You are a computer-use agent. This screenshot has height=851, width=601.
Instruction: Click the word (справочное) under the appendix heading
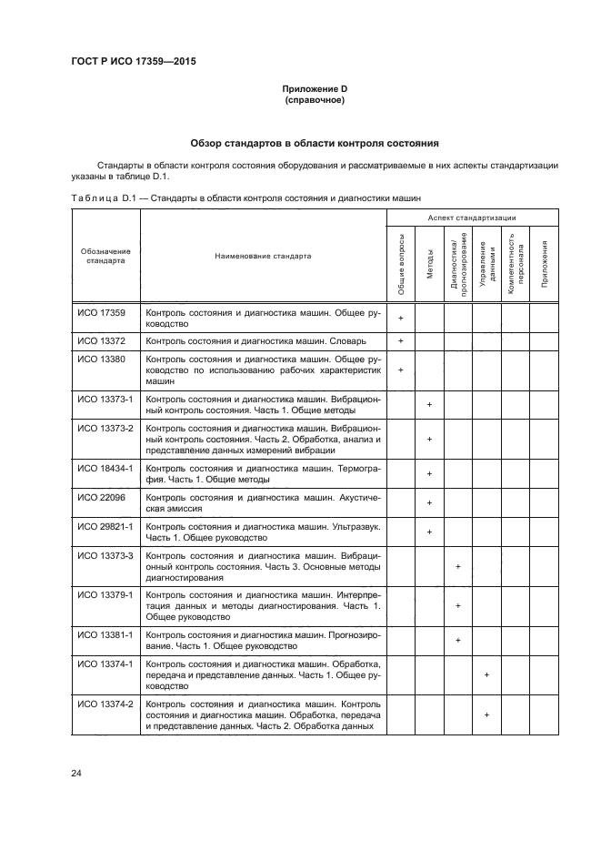pyautogui.click(x=314, y=100)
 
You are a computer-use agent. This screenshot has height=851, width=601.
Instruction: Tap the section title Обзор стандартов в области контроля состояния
pyautogui.click(x=314, y=143)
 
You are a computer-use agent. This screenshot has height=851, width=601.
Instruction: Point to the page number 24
pyautogui.click(x=75, y=774)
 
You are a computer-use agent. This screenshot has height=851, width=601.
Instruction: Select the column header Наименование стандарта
pyautogui.click(x=263, y=256)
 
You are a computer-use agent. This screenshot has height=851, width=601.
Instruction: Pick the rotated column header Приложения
pyautogui.click(x=544, y=264)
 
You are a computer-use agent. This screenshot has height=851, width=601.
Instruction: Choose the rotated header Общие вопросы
pyautogui.click(x=401, y=264)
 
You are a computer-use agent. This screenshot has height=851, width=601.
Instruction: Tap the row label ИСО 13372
pyautogui.click(x=101, y=340)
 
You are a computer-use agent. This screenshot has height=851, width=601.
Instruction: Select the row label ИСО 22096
pyautogui.click(x=101, y=498)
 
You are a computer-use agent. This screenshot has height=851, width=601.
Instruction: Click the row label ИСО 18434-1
pyautogui.click(x=104, y=468)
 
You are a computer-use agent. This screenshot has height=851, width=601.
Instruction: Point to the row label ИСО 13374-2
pyautogui.click(x=104, y=704)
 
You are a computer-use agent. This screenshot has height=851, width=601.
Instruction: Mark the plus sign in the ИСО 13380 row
pyautogui.click(x=401, y=370)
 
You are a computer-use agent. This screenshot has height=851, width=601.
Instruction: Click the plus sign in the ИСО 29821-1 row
pyautogui.click(x=429, y=532)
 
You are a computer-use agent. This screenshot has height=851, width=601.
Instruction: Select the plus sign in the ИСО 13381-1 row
pyautogui.click(x=457, y=640)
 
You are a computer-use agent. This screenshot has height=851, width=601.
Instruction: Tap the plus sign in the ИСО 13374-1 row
pyautogui.click(x=486, y=674)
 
